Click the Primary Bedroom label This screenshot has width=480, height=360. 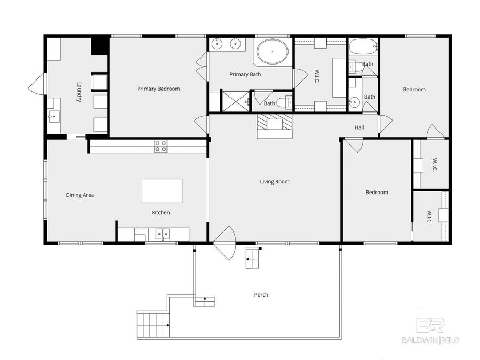pyautogui.click(x=158, y=89)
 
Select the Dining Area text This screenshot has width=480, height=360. pyautogui.click(x=80, y=195)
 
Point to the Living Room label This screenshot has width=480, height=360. pyautogui.click(x=275, y=182)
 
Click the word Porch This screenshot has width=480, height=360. pyautogui.click(x=261, y=295)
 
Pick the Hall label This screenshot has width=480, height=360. pyautogui.click(x=359, y=127)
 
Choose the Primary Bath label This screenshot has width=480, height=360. pyautogui.click(x=245, y=74)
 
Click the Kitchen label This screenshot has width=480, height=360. pyautogui.click(x=161, y=213)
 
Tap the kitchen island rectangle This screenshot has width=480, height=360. pyautogui.click(x=162, y=191)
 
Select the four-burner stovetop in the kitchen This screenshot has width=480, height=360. pyautogui.click(x=161, y=146)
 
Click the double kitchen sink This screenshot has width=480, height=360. pyautogui.click(x=162, y=234)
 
